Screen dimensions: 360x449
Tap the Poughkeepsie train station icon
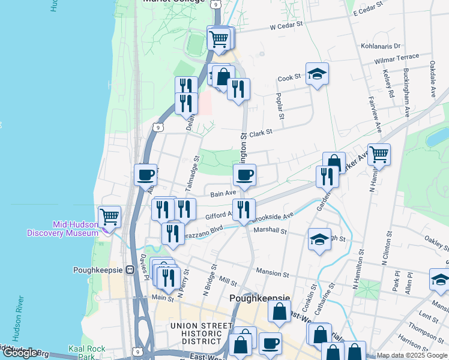129,270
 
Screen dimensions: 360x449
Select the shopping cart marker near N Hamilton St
379,155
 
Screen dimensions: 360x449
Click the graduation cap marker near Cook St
317,74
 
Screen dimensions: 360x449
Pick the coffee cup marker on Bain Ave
244,176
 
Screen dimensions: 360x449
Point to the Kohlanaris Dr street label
381,46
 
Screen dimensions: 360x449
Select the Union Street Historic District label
201,334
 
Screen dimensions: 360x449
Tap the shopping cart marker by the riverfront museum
109,216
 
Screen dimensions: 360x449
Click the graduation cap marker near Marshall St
319,239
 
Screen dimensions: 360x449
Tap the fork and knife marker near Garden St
327,176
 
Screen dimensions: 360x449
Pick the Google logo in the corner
20,353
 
